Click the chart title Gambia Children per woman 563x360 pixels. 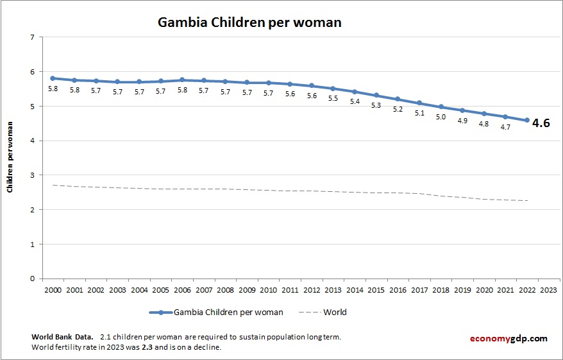tap(249, 22)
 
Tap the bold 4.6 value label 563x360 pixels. tap(541, 123)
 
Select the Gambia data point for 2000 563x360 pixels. tap(53, 78)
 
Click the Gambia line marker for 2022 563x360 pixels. tap(527, 120)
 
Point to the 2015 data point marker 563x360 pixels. tap(376, 95)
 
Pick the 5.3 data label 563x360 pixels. tap(376, 105)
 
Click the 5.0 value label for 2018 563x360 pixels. tap(441, 117)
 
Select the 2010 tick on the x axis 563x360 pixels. tap(268, 289)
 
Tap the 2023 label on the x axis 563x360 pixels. tap(549, 289)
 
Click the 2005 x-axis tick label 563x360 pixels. tap(160, 289)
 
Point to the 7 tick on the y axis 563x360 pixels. tap(32, 37)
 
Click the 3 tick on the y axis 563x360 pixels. tap(32, 175)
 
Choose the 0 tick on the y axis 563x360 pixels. tap(32, 279)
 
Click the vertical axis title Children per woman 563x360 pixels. tap(10, 158)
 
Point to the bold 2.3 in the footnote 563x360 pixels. tap(146, 347)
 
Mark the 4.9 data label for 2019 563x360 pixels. tap(462, 120)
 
